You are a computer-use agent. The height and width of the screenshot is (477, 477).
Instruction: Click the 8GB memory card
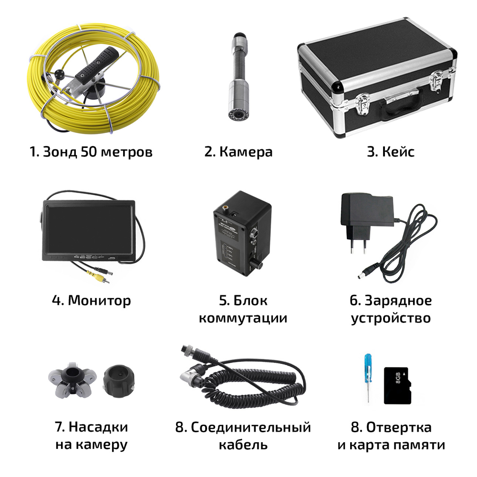click(397, 385)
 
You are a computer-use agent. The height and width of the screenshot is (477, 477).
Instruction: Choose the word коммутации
click(243, 318)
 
